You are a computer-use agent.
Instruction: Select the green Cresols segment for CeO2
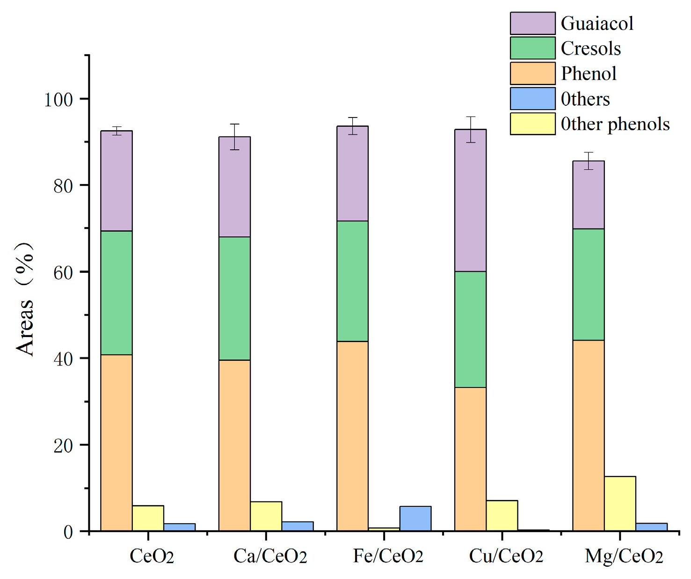pos(116,293)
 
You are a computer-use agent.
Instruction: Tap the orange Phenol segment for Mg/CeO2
pos(588,435)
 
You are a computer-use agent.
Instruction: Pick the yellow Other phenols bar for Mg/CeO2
pos(620,504)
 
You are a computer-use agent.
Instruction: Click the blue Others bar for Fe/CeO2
pos(415,519)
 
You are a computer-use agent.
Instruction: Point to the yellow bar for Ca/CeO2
pos(266,516)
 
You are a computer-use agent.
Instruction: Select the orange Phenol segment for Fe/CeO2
pos(352,436)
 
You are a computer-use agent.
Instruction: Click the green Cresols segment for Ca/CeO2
pos(234,298)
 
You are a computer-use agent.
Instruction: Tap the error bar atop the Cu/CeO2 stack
pos(470,129)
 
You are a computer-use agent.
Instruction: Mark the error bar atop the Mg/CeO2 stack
pos(589,161)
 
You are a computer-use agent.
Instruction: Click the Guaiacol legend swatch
pos(532,23)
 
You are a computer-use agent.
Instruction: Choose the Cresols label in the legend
pos(590,48)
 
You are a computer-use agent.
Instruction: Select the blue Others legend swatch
pos(532,99)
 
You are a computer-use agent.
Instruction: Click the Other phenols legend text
pos(615,124)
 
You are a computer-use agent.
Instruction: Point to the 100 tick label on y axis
pos(58,99)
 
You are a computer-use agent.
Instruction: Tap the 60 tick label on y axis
pos(63,272)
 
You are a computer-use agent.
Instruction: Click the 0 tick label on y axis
pos(68,532)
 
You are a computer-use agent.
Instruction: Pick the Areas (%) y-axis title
pos(24,300)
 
